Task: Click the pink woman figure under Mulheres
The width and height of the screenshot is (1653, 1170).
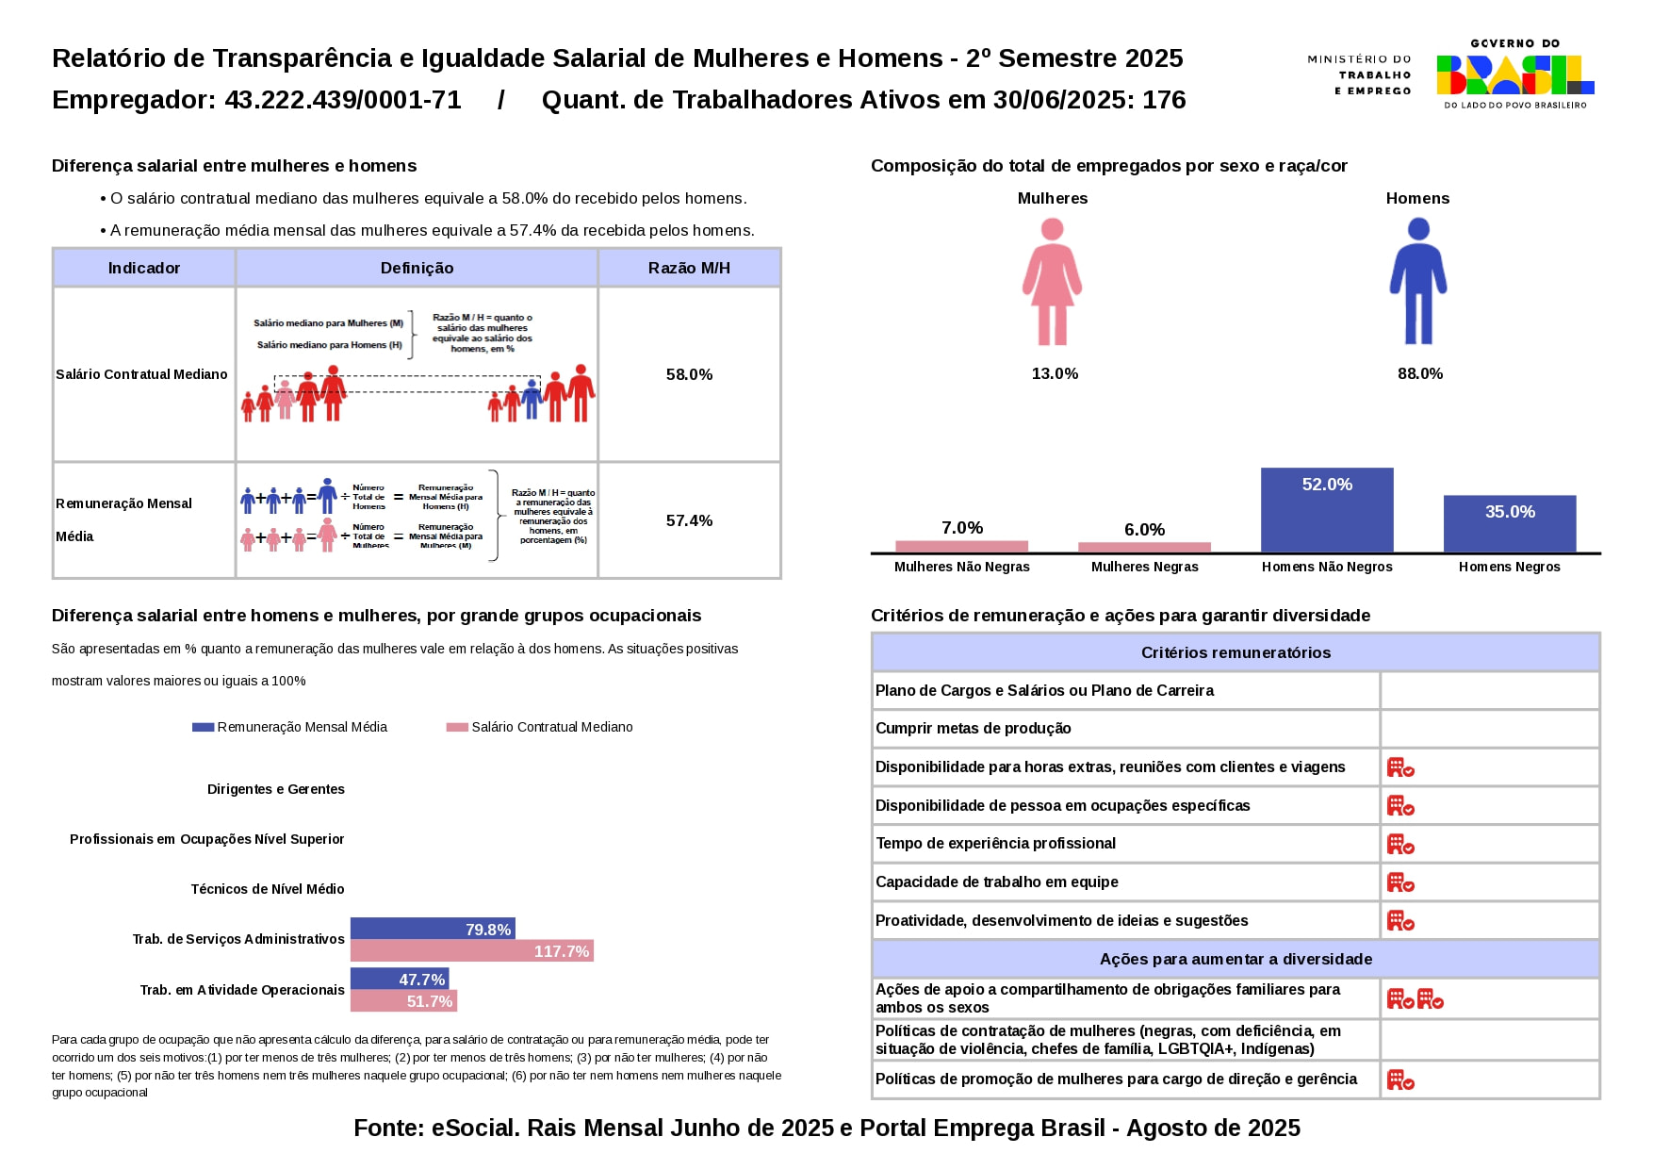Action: [x=1052, y=281]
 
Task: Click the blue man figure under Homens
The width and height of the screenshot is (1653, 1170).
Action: [x=1417, y=281]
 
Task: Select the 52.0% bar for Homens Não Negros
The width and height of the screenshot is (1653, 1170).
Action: [x=1327, y=510]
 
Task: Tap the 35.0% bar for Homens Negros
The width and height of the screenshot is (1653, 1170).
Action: [x=1509, y=523]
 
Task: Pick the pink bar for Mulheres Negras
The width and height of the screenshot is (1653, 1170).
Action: [x=1144, y=547]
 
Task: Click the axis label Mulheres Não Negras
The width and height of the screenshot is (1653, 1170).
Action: [x=961, y=567]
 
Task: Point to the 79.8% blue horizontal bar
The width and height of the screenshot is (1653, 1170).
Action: [x=433, y=929]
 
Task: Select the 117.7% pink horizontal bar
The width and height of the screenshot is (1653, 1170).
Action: [x=471, y=951]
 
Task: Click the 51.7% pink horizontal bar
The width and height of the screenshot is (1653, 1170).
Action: [x=403, y=1001]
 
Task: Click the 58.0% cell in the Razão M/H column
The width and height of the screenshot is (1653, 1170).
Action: [x=689, y=374]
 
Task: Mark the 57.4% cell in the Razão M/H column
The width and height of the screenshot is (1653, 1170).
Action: [x=689, y=520]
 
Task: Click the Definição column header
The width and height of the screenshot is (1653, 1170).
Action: [x=417, y=268]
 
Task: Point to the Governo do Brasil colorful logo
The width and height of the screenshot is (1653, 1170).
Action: [x=1514, y=74]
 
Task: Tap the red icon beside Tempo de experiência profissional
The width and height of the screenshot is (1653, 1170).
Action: [x=1400, y=844]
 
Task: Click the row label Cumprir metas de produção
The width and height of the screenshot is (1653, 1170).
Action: [x=973, y=728]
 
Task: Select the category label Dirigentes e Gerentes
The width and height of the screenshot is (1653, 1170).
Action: [x=275, y=789]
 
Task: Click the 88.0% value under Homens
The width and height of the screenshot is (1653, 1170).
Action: [x=1419, y=373]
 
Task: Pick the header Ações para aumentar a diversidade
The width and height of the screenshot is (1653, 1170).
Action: [x=1235, y=959]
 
